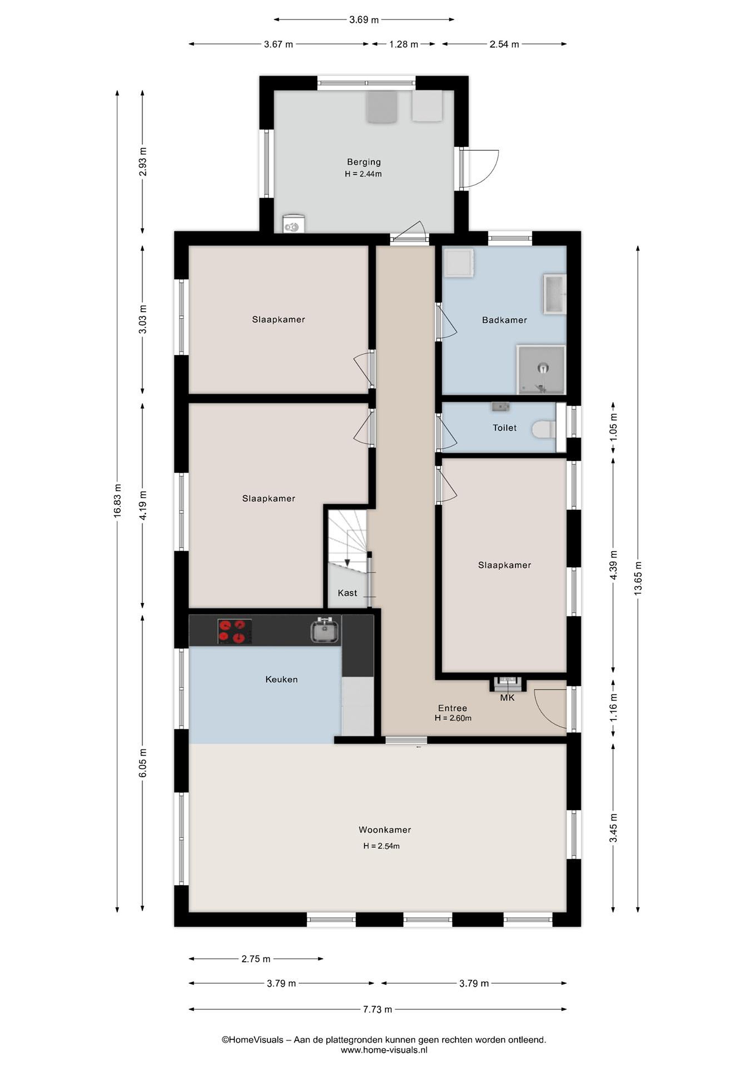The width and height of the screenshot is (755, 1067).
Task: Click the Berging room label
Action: pyautogui.click(x=364, y=162)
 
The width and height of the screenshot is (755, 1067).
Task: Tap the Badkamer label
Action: pyautogui.click(x=504, y=320)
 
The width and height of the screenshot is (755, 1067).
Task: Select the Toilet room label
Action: pyautogui.click(x=504, y=428)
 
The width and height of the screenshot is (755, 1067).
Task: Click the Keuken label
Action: pyautogui.click(x=281, y=679)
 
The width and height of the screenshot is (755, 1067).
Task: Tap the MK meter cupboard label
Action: pyautogui.click(x=507, y=698)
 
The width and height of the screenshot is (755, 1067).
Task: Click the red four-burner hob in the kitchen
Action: pyautogui.click(x=235, y=631)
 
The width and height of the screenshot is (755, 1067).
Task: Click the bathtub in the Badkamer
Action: pyautogui.click(x=554, y=294)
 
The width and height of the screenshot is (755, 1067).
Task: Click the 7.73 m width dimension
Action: pyautogui.click(x=377, y=1009)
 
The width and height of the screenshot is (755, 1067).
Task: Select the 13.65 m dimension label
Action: pyautogui.click(x=638, y=578)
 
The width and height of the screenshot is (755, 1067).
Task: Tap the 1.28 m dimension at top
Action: pyautogui.click(x=404, y=44)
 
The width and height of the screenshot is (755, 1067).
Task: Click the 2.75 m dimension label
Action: pyautogui.click(x=256, y=959)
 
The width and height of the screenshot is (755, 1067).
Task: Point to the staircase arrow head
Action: pyautogui.click(x=347, y=563)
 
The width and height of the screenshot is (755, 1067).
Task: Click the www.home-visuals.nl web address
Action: pyautogui.click(x=384, y=1050)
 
